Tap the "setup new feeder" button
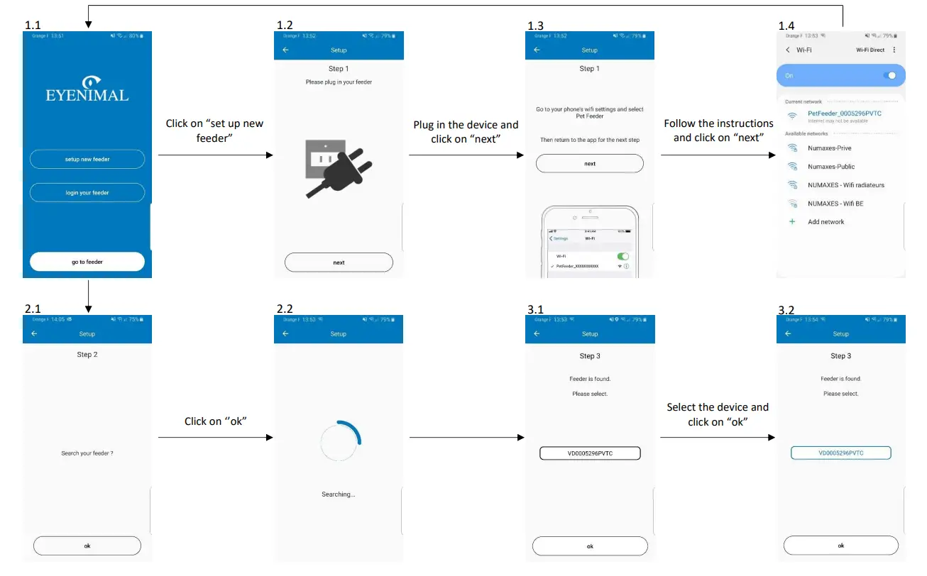tap(87, 160)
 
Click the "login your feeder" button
tap(87, 192)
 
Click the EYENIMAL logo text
tap(87, 94)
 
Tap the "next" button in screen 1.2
tap(339, 262)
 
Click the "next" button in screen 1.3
tap(590, 164)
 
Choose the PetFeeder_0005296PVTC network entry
tap(843, 113)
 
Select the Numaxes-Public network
tap(831, 167)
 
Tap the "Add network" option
tap(826, 222)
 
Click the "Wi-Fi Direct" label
tap(870, 50)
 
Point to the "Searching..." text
tap(339, 494)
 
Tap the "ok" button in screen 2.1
tap(87, 545)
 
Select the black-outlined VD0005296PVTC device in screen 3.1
tap(590, 453)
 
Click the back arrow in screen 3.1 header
tap(537, 333)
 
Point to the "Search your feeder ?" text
tap(87, 453)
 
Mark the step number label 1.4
tap(786, 26)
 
